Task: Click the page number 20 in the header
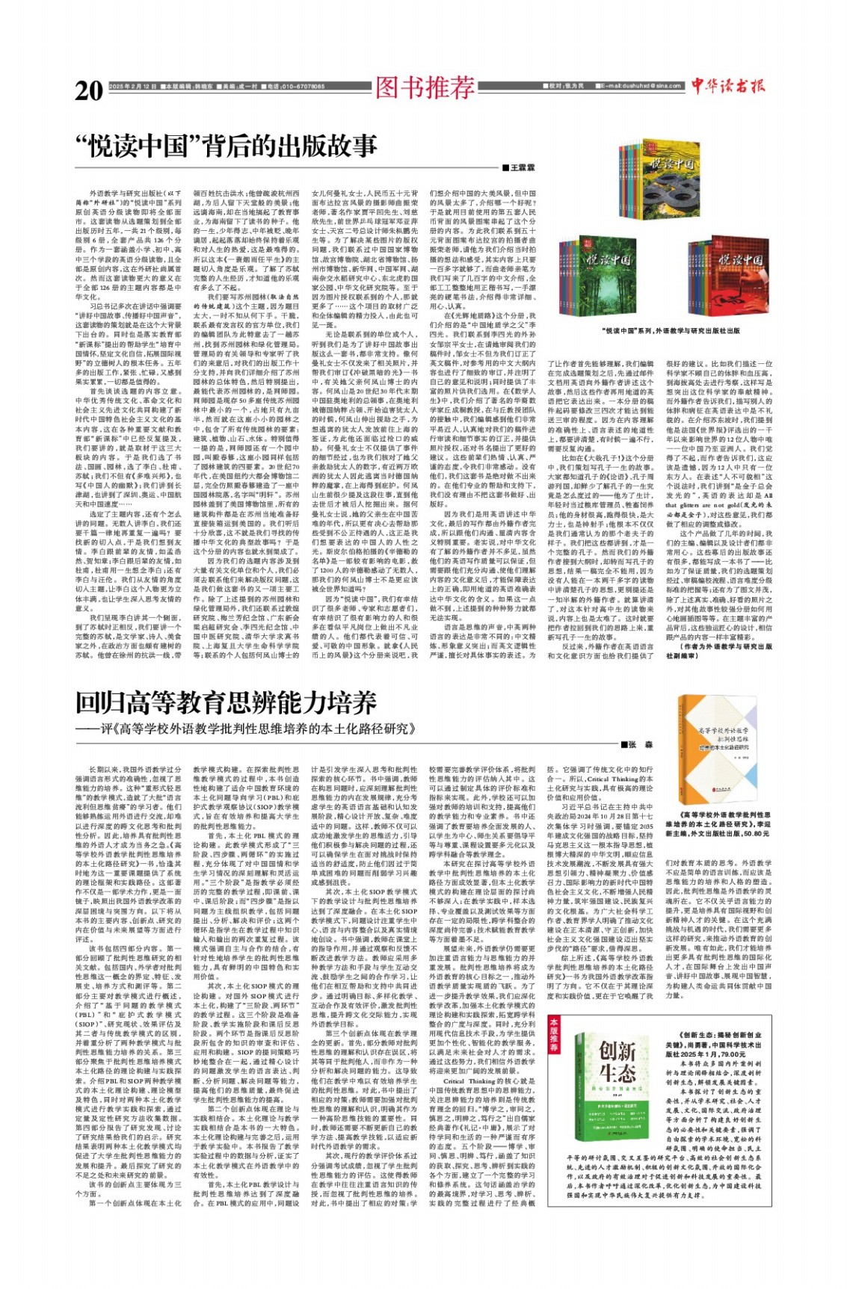tap(89, 90)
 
